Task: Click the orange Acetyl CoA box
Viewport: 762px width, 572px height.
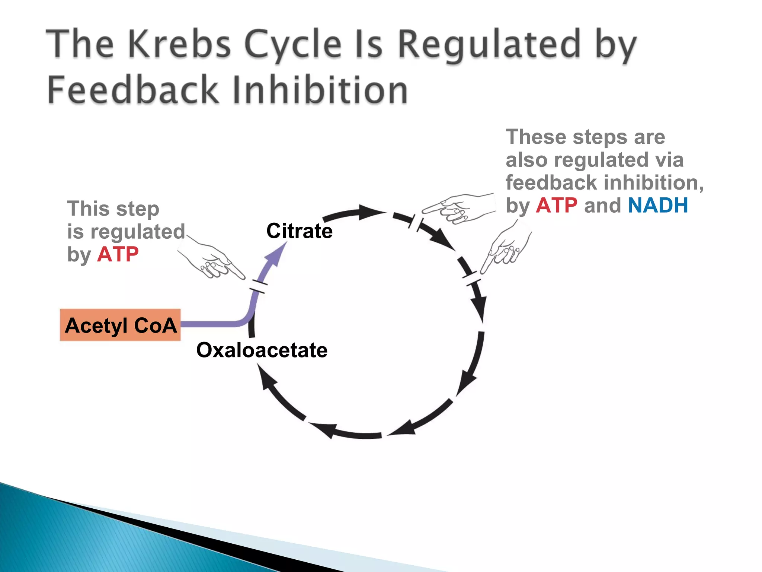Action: point(120,325)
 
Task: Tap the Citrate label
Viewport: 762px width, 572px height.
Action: point(300,231)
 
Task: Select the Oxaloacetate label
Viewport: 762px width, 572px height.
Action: point(262,350)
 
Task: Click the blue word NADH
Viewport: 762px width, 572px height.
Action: point(658,206)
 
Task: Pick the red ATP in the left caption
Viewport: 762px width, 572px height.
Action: point(118,255)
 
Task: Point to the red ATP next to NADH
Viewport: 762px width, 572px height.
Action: point(557,206)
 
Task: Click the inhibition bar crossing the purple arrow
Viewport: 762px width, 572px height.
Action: point(258,286)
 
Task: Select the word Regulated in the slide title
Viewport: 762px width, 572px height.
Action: point(489,46)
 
